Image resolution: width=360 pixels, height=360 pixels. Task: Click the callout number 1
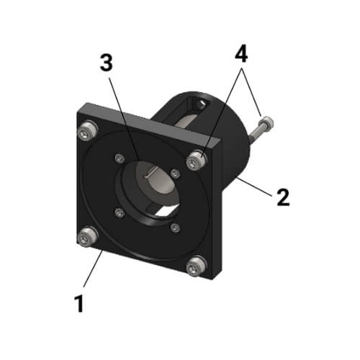coord(80,302)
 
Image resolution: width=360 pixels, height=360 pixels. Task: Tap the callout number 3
coord(107,64)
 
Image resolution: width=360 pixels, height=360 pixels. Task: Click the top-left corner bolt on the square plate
coord(89,130)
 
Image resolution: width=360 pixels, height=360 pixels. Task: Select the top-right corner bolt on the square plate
coord(196,161)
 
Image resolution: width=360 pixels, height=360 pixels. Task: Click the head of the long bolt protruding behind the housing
coord(267,122)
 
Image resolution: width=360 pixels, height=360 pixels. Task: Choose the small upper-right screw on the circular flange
coord(175,174)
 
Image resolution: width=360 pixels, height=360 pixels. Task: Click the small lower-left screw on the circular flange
coord(120,212)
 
